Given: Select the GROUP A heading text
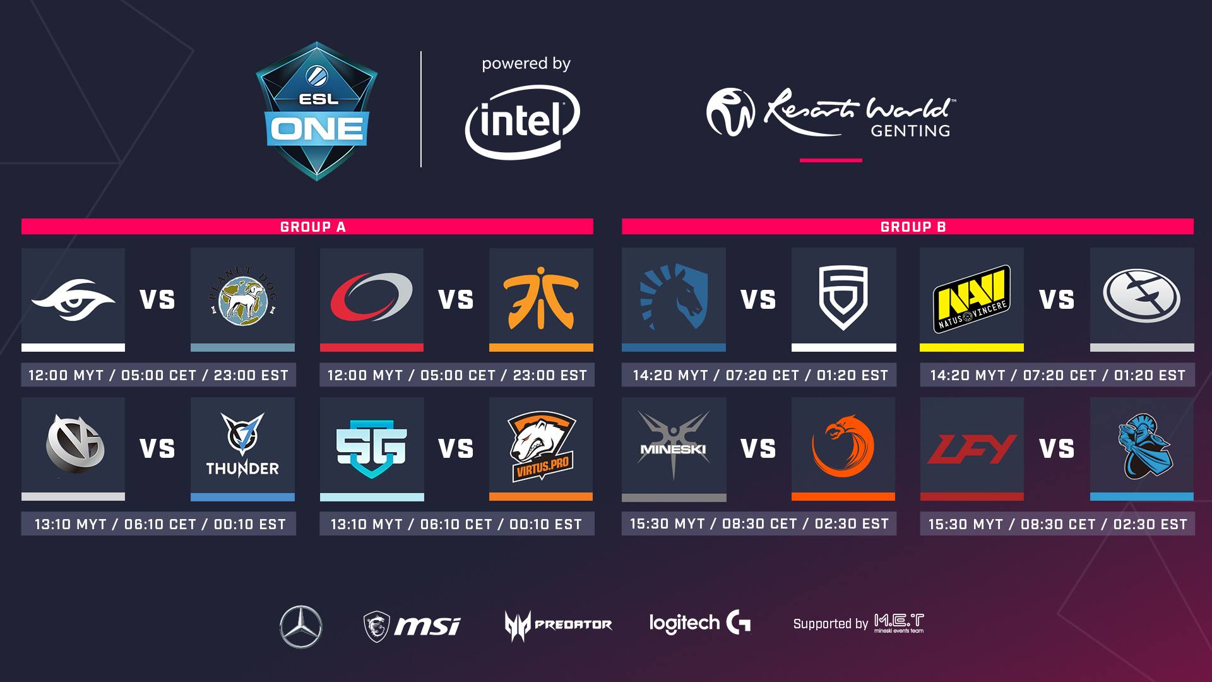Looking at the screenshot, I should point(313,227).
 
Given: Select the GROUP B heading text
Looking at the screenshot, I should point(913,227).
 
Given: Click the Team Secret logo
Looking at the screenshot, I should point(73,296).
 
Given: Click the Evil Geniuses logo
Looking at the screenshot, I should point(1142,296).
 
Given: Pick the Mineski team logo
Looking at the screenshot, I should point(674,446).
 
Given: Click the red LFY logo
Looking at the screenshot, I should point(971,448).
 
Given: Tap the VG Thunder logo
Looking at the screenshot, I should point(242,446).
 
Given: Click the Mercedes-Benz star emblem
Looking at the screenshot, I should point(300,626).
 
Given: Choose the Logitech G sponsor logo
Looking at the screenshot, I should point(700,623).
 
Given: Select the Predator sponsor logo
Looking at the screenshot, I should point(558,625).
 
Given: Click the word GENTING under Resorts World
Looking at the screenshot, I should point(910,131).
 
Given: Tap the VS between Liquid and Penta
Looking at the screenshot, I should point(758,300).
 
